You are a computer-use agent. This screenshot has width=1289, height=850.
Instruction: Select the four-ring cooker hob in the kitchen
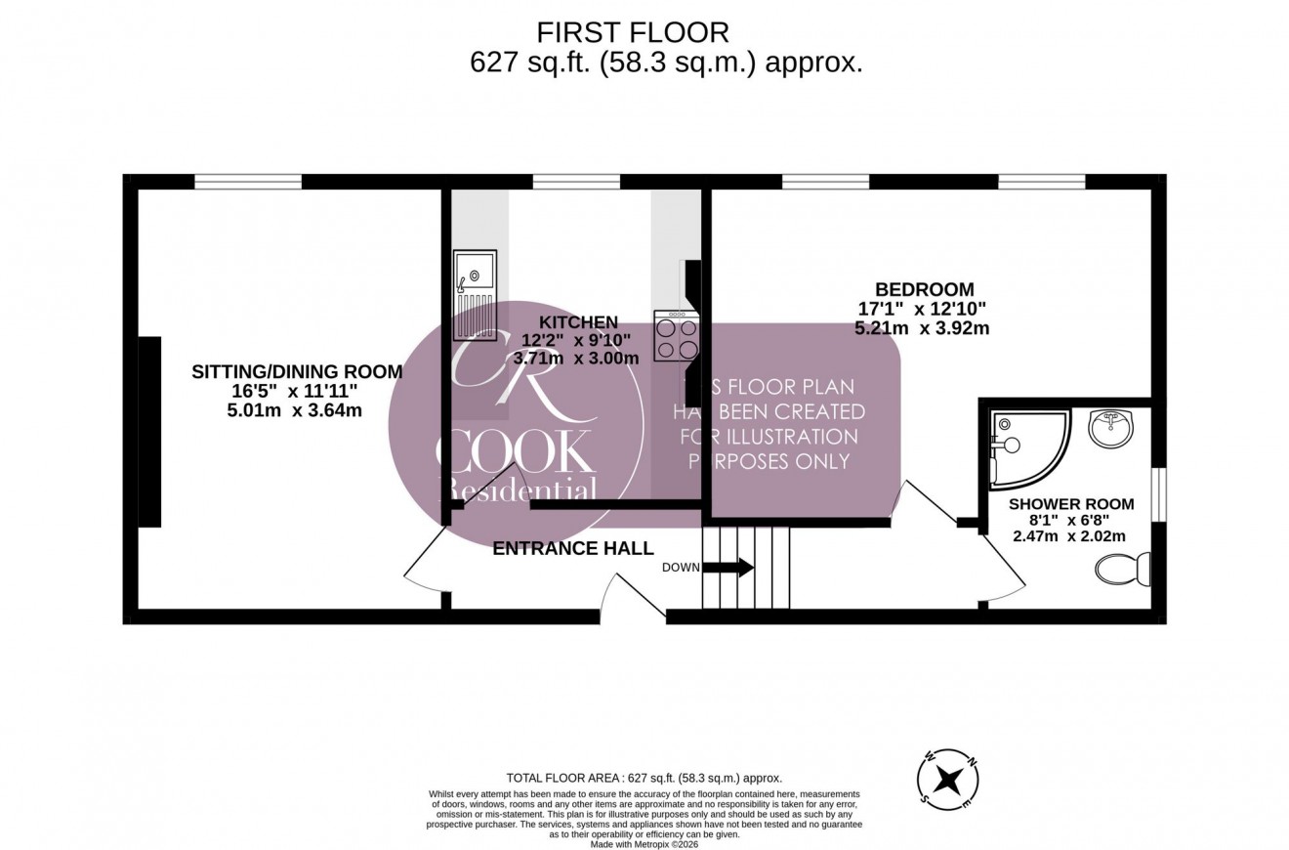click(x=677, y=336)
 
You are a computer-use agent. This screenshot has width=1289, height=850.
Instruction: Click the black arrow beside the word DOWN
click(x=734, y=568)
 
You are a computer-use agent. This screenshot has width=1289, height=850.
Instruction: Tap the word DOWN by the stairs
click(x=680, y=568)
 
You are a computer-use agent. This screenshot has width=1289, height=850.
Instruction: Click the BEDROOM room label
click(x=924, y=289)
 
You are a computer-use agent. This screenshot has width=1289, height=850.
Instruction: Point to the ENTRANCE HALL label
click(x=572, y=548)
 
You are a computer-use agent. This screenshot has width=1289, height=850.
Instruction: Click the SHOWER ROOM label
click(x=1071, y=504)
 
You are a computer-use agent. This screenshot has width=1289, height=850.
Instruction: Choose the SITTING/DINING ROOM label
click(x=297, y=371)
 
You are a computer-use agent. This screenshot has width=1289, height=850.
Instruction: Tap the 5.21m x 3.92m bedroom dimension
click(x=922, y=328)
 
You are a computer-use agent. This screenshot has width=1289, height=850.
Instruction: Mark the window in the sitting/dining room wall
click(x=248, y=181)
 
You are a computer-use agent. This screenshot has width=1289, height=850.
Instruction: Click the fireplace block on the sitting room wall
click(x=149, y=432)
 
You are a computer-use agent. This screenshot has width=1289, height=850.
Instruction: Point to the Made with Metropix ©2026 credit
click(x=644, y=844)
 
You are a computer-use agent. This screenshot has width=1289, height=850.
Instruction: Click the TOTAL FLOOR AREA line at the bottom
click(x=644, y=778)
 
